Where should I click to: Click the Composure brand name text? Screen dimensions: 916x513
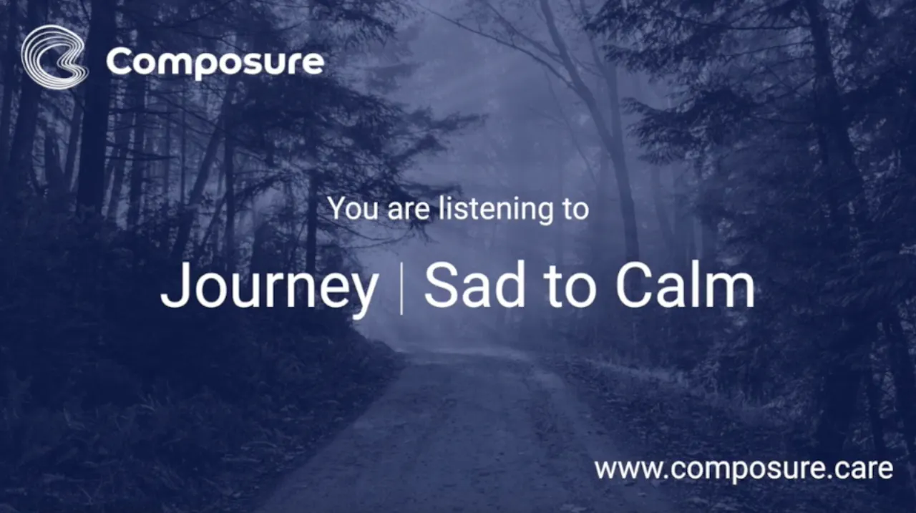click(x=215, y=62)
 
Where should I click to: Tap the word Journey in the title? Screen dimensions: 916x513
click(x=269, y=285)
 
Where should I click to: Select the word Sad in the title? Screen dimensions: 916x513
click(x=474, y=285)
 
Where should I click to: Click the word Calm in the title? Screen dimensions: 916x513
click(x=686, y=285)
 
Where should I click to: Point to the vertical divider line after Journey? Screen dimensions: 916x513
click(x=401, y=288)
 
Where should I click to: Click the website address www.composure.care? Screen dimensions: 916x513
click(x=744, y=469)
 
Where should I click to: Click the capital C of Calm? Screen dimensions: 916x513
click(x=634, y=285)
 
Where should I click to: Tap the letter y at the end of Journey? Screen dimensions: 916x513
click(x=360, y=294)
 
